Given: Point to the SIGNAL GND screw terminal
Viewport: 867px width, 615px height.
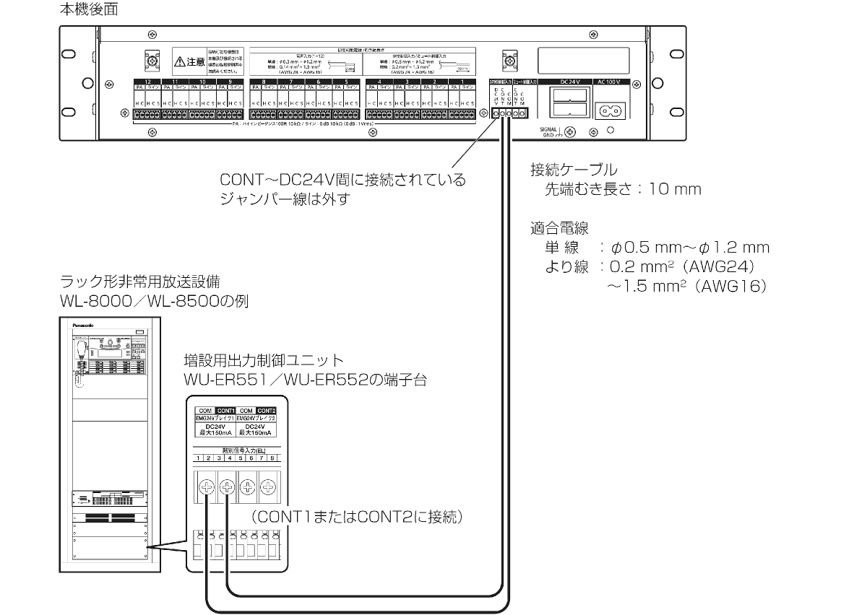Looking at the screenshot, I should click(x=570, y=132).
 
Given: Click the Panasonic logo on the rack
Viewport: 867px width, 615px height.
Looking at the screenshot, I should click(x=84, y=326).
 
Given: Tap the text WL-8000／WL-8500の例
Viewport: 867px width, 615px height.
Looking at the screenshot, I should click(x=155, y=300).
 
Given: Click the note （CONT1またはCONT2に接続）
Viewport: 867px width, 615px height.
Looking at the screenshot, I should click(x=355, y=518).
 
